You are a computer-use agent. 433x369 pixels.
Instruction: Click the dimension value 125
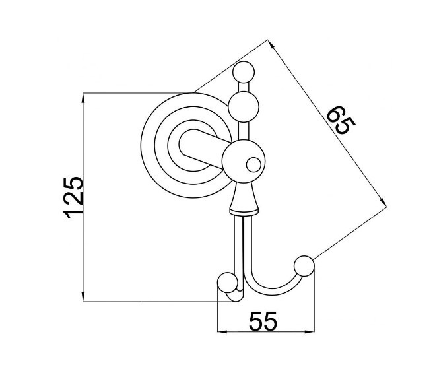coord(73,197)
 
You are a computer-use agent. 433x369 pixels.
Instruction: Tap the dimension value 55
coord(263,321)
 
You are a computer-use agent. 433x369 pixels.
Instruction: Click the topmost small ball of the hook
coord(244,73)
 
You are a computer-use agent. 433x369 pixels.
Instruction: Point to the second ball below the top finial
coord(244,107)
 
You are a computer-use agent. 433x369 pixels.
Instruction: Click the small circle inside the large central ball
coord(253,165)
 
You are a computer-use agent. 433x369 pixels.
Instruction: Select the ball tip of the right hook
coord(304,266)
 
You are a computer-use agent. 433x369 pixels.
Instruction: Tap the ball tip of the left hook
coord(228,283)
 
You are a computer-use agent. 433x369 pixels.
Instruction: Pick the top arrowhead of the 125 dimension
coord(83,98)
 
